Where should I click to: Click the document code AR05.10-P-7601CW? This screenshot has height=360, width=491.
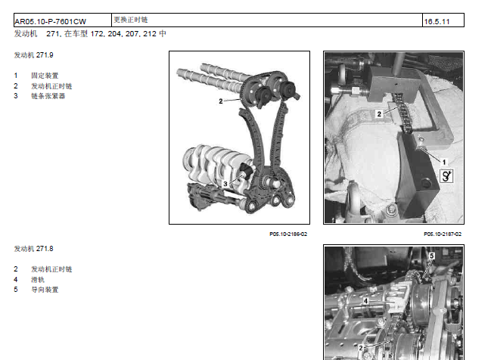50,22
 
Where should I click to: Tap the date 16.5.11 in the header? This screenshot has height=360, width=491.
437,22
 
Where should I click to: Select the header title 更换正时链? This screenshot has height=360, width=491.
131,20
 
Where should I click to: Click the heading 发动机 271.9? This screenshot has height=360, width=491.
33,55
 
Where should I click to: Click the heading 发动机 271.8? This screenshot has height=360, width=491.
33,249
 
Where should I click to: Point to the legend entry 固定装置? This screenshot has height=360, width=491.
45,76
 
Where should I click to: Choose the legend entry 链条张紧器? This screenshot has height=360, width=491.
48,96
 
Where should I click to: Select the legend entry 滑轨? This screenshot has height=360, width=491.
38,280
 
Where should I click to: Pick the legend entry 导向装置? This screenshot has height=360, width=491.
45,290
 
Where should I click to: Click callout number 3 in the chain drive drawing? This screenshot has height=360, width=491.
225,184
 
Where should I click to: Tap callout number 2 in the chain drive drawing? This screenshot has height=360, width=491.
221,101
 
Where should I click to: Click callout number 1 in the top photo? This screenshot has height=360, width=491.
444,162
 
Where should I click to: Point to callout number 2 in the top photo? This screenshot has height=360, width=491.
379,114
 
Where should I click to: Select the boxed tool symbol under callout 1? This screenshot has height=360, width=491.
446,176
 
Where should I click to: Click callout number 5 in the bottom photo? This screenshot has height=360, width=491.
432,256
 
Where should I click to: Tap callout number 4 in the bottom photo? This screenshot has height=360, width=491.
365,301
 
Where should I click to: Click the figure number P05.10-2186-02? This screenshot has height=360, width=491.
288,234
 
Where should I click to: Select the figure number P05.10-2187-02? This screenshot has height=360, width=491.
443,234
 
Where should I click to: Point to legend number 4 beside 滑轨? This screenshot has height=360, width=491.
16,280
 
